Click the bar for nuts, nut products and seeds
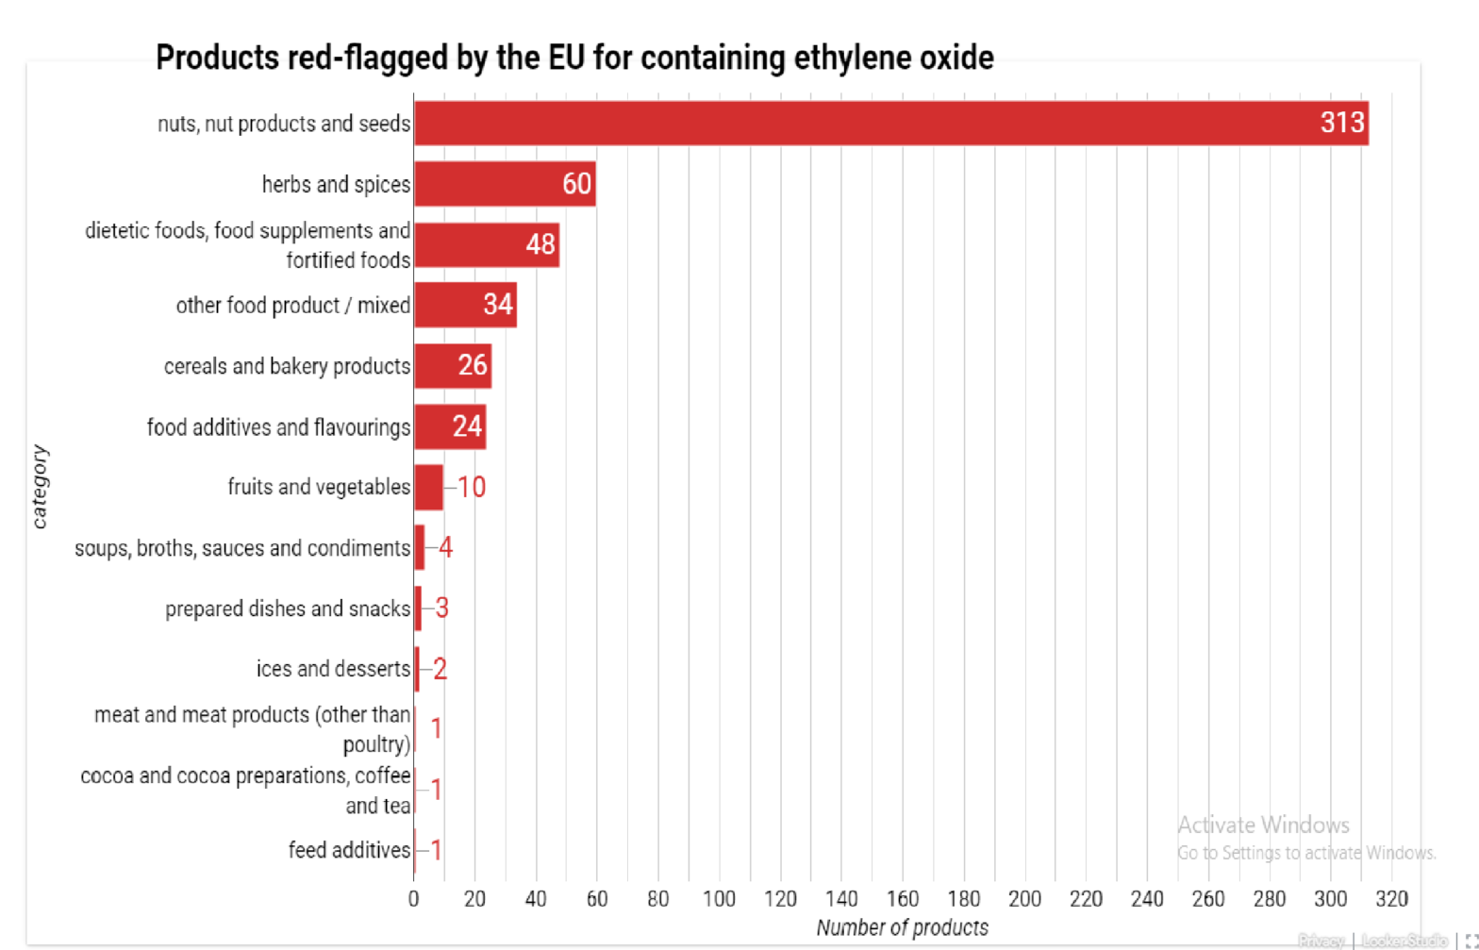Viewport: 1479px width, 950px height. click(849, 124)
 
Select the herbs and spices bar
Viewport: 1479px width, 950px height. click(490, 184)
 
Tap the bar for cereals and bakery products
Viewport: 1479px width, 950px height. click(443, 366)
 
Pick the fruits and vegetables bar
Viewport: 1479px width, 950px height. click(428, 488)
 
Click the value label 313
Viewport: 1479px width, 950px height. click(1342, 123)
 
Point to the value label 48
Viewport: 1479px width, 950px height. click(540, 245)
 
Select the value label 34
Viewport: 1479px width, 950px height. click(498, 305)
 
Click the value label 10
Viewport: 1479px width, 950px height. click(472, 488)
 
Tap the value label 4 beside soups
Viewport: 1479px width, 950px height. click(445, 548)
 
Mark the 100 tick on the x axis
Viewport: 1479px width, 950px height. click(720, 899)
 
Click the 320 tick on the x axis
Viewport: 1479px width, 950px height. click(1392, 899)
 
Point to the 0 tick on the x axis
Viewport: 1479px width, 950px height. click(413, 899)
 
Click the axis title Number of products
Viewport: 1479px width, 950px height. click(903, 928)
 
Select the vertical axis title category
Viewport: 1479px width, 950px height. click(40, 487)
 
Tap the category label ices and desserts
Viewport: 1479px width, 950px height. click(333, 669)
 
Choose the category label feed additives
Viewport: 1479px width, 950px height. click(349, 850)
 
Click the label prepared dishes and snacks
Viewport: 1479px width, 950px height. click(288, 609)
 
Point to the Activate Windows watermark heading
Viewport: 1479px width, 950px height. click(1263, 825)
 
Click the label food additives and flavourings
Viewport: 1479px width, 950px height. click(278, 427)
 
